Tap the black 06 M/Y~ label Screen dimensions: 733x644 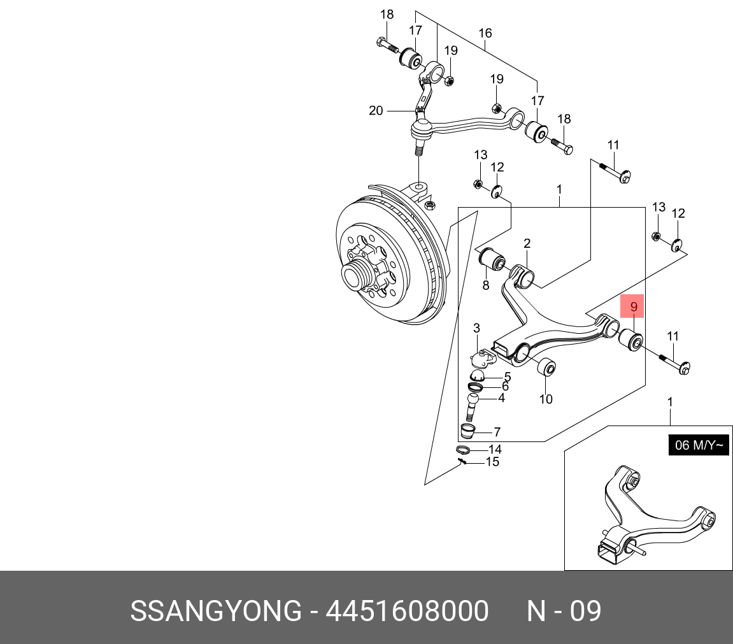(x=699, y=445)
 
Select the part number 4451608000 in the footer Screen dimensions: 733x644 (x=407, y=611)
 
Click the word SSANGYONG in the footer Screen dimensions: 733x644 (x=216, y=611)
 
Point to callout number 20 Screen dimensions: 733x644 (x=376, y=110)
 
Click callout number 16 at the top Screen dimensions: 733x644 (x=485, y=32)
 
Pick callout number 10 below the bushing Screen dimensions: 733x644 (x=546, y=399)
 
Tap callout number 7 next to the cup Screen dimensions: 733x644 (x=497, y=432)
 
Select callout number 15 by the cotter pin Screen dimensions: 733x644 (x=493, y=462)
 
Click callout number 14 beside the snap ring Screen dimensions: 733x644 (x=495, y=449)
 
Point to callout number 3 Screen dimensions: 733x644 (x=476, y=328)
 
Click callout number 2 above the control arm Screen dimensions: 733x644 (x=527, y=243)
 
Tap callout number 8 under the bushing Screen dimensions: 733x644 (x=486, y=285)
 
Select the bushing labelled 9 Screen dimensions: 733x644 (x=631, y=340)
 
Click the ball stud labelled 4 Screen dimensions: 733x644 (x=473, y=406)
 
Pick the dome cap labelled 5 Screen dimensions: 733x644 (x=477, y=375)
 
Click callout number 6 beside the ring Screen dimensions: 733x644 (x=506, y=386)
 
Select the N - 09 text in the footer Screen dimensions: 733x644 (x=564, y=611)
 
